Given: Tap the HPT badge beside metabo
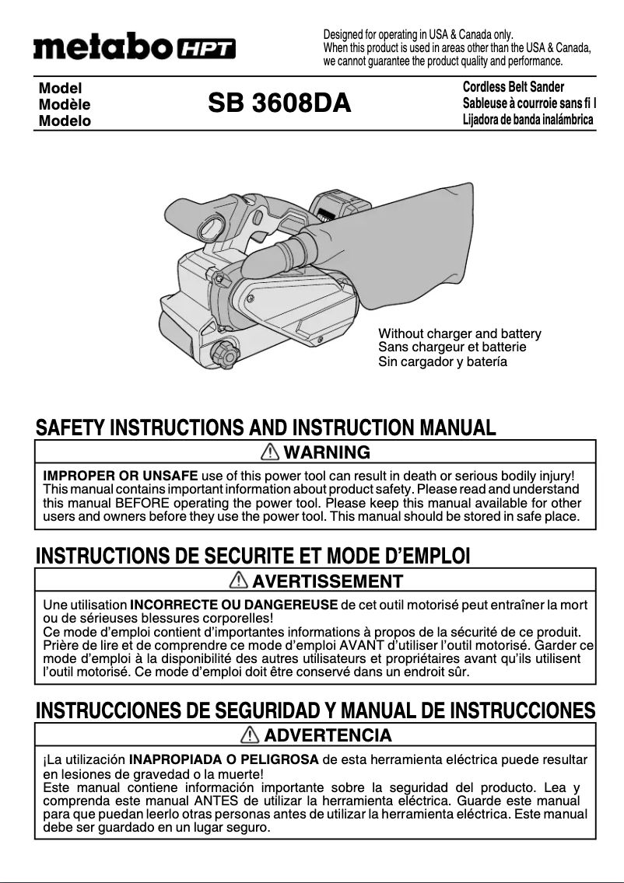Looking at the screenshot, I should [207, 50].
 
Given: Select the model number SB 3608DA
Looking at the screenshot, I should [279, 103].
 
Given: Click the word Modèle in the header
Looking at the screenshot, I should [65, 105].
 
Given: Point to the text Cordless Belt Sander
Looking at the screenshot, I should [513, 87].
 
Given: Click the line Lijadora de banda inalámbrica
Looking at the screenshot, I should [528, 120].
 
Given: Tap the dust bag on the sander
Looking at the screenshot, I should [420, 241].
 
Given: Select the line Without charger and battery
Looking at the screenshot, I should [459, 334].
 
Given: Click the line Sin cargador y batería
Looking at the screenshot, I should [443, 362].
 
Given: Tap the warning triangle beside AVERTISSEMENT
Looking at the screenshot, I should [240, 581].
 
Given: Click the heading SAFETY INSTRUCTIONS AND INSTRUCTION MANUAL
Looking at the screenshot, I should [265, 428].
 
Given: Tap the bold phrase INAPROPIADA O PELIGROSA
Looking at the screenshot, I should [223, 759].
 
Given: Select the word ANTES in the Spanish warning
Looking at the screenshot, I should [216, 801].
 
